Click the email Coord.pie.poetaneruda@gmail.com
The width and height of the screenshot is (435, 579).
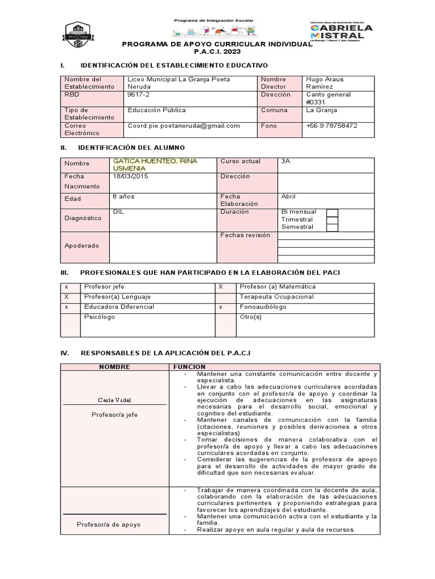(x=184, y=126)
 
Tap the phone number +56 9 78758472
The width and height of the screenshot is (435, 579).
(x=331, y=126)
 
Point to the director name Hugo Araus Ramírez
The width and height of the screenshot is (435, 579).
(x=325, y=83)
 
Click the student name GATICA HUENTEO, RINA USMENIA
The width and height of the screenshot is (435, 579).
(x=155, y=165)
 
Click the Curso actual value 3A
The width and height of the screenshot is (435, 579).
(x=286, y=161)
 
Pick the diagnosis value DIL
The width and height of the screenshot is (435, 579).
(x=118, y=212)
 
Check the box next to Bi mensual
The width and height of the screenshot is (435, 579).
(x=332, y=213)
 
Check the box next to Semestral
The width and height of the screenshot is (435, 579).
(x=332, y=227)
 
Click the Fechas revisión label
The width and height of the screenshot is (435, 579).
(x=245, y=235)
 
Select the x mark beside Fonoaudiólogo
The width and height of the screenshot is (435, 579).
(x=220, y=307)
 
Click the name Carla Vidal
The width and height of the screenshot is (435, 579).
(x=114, y=400)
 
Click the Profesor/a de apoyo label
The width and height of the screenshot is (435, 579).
(x=109, y=524)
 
